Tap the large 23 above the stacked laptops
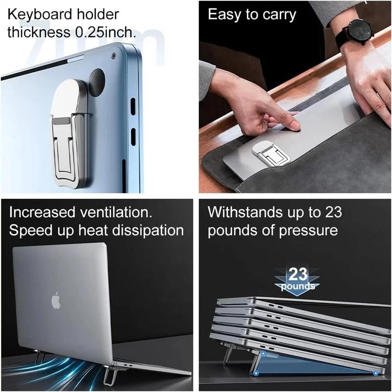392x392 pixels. [x=297, y=274]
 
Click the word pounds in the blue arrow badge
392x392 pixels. [x=297, y=286]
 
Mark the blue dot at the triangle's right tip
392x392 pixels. [x=376, y=373]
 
